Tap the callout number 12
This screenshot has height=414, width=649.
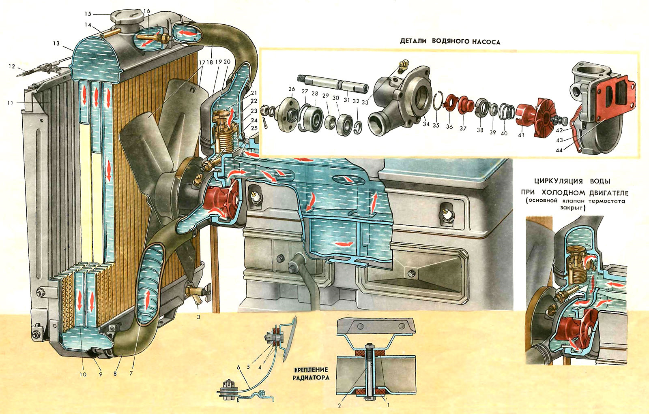[12, 67]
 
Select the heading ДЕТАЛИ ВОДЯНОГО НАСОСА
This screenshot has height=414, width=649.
[450, 42]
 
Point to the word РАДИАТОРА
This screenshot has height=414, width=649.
[311, 378]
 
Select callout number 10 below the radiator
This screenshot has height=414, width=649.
[83, 374]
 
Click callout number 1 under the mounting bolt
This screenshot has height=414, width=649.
[389, 404]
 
